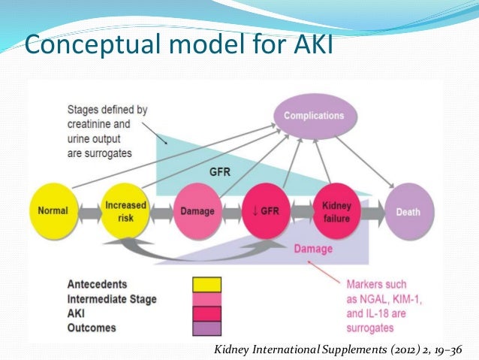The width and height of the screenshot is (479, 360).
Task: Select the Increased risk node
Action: click(121, 211)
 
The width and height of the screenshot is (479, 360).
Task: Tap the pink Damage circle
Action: click(197, 212)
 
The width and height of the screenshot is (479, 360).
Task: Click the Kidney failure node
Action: click(336, 211)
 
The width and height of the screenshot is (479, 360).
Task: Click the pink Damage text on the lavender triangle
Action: click(309, 248)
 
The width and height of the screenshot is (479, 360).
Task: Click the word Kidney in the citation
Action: click(233, 347)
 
